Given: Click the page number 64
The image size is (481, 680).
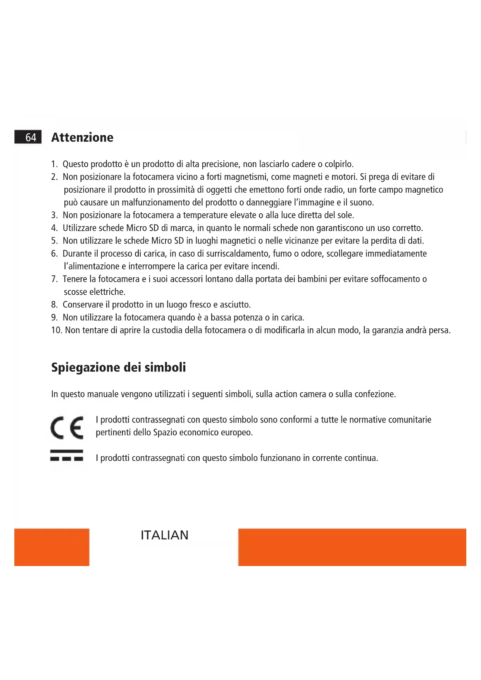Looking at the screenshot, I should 31,137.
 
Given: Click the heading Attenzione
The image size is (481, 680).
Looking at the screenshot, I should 82,137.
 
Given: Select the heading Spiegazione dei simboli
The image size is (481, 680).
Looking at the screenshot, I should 119,367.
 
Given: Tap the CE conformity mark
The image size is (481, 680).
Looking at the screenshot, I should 67,427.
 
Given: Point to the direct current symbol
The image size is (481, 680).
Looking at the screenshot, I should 67,455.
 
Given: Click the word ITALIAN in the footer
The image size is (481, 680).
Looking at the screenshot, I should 164,535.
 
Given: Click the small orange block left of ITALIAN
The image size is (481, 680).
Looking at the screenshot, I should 52,547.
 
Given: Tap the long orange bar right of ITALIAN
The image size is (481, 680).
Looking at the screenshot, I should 352,547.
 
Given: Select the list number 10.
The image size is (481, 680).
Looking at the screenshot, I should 57,330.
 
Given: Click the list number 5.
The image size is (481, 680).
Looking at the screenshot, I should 54,241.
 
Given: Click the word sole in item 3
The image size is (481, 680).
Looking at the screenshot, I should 345,215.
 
